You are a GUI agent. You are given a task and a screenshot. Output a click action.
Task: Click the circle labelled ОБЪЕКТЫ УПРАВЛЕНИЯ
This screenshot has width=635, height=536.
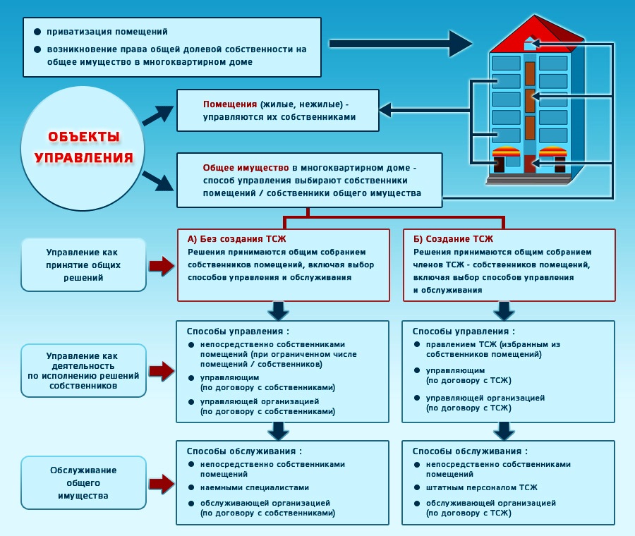pyautogui.click(x=83, y=148)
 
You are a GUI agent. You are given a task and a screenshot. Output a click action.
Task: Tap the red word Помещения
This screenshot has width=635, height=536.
pyautogui.click(x=229, y=104)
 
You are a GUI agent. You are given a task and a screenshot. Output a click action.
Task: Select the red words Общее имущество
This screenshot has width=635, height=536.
pyautogui.click(x=246, y=168)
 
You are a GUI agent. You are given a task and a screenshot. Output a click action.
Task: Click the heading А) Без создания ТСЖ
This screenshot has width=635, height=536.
pyautogui.click(x=236, y=239)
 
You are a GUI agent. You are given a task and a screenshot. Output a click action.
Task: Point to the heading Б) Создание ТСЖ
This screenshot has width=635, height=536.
pyautogui.click(x=453, y=239)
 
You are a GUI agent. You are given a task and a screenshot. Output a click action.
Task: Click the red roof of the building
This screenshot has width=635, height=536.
pyautogui.click(x=537, y=35)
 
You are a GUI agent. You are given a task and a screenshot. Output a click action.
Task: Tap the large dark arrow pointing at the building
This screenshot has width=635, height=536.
pyautogui.click(x=401, y=44)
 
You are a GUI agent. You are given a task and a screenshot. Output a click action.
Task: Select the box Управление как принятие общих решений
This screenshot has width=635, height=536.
pyautogui.click(x=83, y=264)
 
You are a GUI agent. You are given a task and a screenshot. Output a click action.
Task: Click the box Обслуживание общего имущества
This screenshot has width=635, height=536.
pyautogui.click(x=83, y=482)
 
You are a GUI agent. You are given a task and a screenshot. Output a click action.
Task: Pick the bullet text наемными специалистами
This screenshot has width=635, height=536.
pyautogui.click(x=254, y=487)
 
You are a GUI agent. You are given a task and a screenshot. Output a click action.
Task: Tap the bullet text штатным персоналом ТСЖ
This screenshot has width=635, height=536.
pyautogui.click(x=481, y=487)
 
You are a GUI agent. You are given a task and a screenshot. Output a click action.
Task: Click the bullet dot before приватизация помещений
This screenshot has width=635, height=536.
pyautogui.click(x=37, y=32)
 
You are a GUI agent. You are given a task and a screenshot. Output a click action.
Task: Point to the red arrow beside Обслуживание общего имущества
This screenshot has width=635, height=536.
pyautogui.click(x=162, y=483)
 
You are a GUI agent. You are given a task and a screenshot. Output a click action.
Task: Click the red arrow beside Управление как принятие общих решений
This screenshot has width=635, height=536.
pyautogui.click(x=162, y=266)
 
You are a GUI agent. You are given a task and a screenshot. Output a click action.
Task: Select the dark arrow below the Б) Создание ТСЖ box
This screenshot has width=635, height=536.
pyautogui.click(x=504, y=311)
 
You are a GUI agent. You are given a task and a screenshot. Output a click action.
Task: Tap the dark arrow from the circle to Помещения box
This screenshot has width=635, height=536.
pyautogui.click(x=158, y=115)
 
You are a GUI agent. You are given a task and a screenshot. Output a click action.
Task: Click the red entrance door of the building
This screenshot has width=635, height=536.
pyautogui.click(x=529, y=164)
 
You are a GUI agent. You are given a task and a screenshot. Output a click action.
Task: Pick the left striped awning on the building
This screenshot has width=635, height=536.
pyautogui.click(x=506, y=152)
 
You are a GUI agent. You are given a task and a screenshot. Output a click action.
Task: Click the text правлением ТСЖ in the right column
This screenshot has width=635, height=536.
pyautogui.click(x=461, y=344)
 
